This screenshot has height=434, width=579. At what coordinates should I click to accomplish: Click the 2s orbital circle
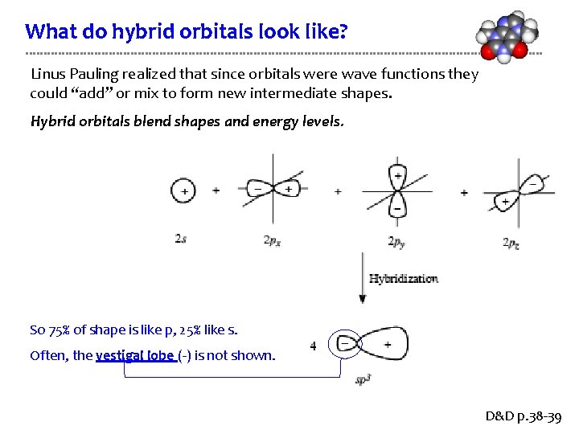(184, 190)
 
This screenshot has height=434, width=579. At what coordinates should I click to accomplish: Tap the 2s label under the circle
(183, 239)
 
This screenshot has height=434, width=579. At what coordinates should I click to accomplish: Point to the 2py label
(396, 241)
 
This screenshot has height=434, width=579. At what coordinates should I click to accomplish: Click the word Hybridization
(404, 279)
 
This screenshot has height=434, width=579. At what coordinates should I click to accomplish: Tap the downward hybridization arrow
(363, 278)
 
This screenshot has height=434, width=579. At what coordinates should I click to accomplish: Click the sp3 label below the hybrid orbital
(363, 379)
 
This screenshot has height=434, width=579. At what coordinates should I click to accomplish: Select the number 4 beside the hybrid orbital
(313, 346)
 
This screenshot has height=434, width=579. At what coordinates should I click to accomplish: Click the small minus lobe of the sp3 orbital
(345, 344)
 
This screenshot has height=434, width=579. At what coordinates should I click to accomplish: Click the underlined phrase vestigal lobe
(136, 355)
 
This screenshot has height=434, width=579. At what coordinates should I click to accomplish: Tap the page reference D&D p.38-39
(524, 417)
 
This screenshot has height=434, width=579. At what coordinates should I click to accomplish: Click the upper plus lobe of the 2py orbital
(397, 176)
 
